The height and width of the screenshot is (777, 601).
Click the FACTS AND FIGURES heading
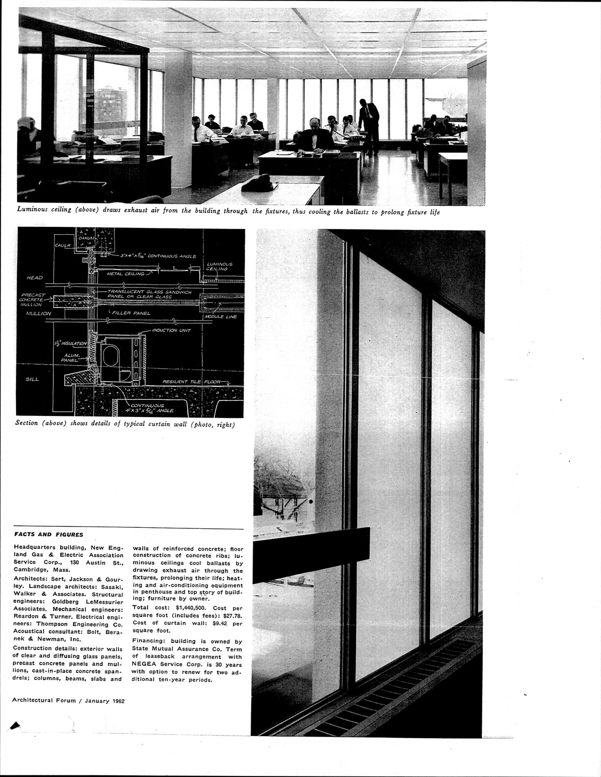pyautogui.click(x=48, y=535)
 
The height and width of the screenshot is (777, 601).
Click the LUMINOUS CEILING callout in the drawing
pyautogui.click(x=219, y=266)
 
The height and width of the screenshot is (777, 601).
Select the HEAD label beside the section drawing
pyautogui.click(x=34, y=278)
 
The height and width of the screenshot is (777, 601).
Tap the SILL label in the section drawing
pyautogui.click(x=32, y=379)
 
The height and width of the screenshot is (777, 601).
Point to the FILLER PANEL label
pyautogui.click(x=132, y=313)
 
